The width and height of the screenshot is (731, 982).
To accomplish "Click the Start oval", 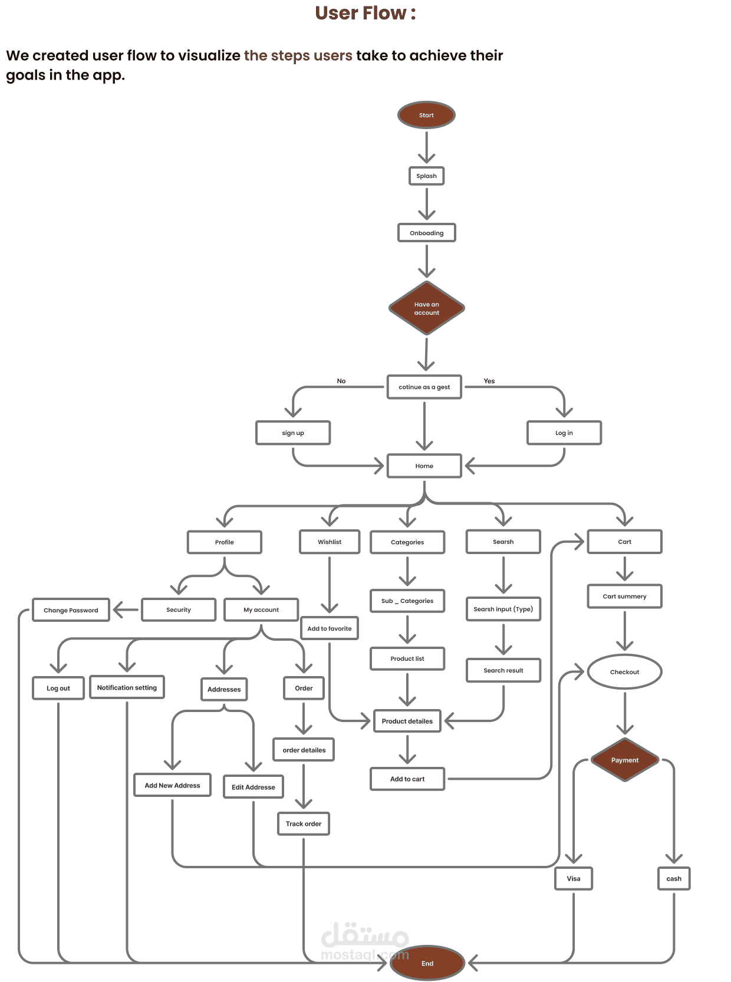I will click(426, 115).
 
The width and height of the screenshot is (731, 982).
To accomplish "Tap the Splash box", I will click(426, 176).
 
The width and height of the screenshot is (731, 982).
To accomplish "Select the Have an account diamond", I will click(426, 308).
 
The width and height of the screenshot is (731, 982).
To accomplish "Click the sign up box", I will click(293, 433).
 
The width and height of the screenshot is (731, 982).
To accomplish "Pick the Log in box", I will click(564, 433).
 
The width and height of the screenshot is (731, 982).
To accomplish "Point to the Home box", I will click(424, 466).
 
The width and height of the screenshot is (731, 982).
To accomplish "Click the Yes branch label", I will click(489, 381).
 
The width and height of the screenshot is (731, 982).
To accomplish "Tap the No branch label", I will click(341, 381).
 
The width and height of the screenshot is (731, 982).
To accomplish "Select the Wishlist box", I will click(330, 542).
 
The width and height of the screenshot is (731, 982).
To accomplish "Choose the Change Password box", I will click(71, 610).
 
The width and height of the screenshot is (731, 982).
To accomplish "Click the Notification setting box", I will click(127, 687).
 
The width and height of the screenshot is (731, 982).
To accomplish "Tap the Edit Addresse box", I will click(253, 787).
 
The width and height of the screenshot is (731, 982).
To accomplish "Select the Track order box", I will click(304, 823).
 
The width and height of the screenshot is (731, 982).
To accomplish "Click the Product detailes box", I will click(407, 721).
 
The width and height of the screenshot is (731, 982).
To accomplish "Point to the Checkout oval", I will click(624, 672).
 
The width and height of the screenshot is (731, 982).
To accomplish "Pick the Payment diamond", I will click(624, 760).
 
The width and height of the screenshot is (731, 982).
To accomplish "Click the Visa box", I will click(574, 878).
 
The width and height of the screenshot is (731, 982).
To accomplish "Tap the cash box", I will click(674, 878).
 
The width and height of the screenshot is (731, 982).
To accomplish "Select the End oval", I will click(427, 963).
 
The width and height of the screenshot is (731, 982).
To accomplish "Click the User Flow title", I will click(365, 13).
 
